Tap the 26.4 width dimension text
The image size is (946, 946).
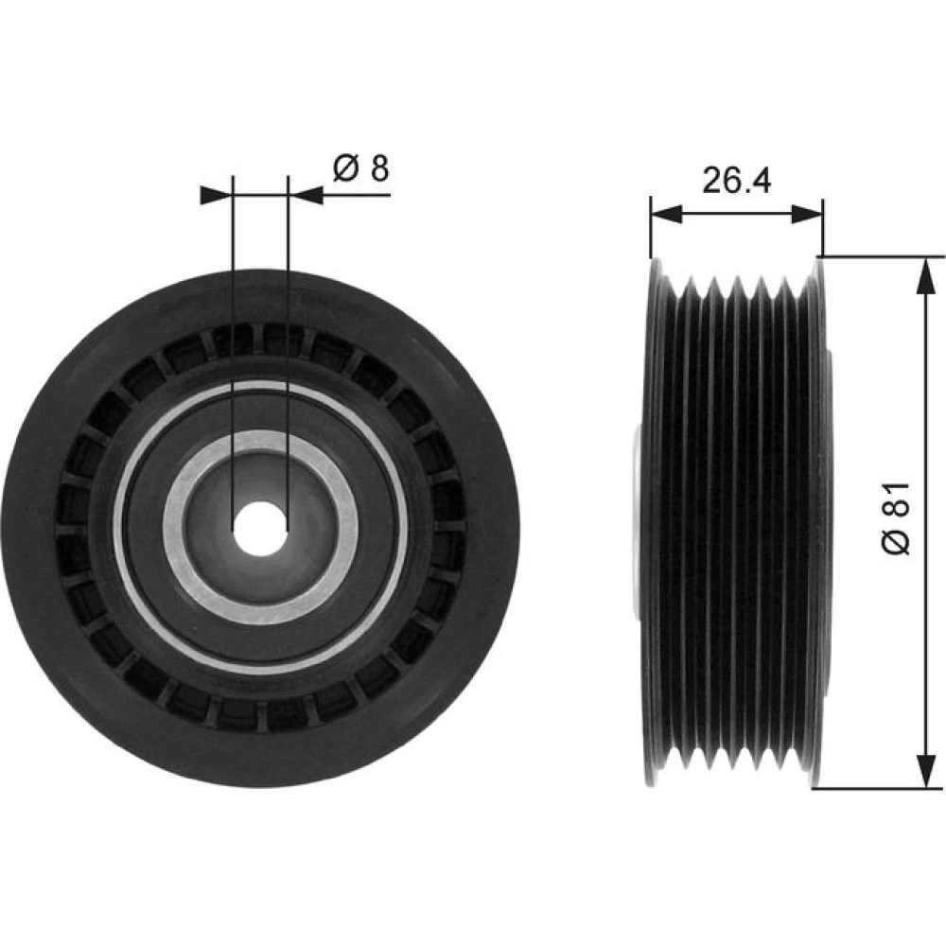tap(736, 180)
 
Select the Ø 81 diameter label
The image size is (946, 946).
tap(896, 517)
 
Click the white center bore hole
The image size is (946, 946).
tap(260, 529)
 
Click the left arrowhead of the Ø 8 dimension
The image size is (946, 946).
tap(216, 195)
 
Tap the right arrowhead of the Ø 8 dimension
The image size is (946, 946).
tap(306, 195)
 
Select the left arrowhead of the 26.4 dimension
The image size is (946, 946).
tap(667, 214)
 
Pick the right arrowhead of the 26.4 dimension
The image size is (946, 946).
tap(807, 214)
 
